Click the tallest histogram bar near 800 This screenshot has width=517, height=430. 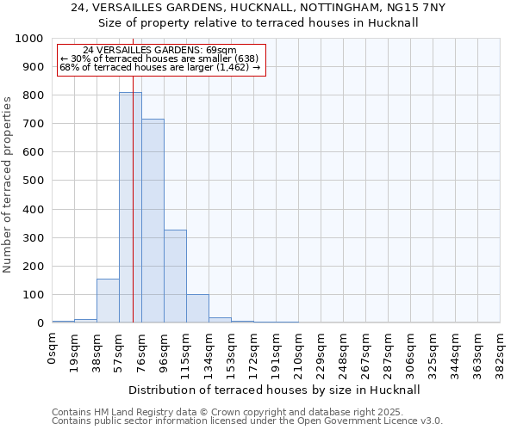[x=130, y=206]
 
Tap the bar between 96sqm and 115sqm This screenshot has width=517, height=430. [x=175, y=276]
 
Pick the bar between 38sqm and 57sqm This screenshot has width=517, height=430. [x=108, y=301]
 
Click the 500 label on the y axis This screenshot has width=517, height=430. [x=32, y=181]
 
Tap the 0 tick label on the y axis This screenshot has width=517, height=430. [x=40, y=323]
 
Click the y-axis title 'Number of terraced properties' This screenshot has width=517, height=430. [x=8, y=184]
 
